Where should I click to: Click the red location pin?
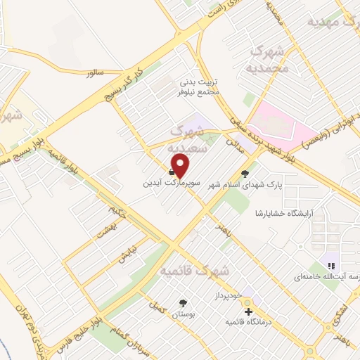[x=181, y=165]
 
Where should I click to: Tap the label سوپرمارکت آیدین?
[x=169, y=182]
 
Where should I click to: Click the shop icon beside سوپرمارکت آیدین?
[x=173, y=170]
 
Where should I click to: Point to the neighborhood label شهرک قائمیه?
[x=195, y=270]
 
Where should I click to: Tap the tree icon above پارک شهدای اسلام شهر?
[x=245, y=173]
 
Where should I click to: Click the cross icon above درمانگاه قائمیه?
[x=247, y=311]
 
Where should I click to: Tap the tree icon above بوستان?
[x=184, y=304]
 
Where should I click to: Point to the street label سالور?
[x=95, y=72]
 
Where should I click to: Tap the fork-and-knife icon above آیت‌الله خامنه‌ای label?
[x=330, y=265]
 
